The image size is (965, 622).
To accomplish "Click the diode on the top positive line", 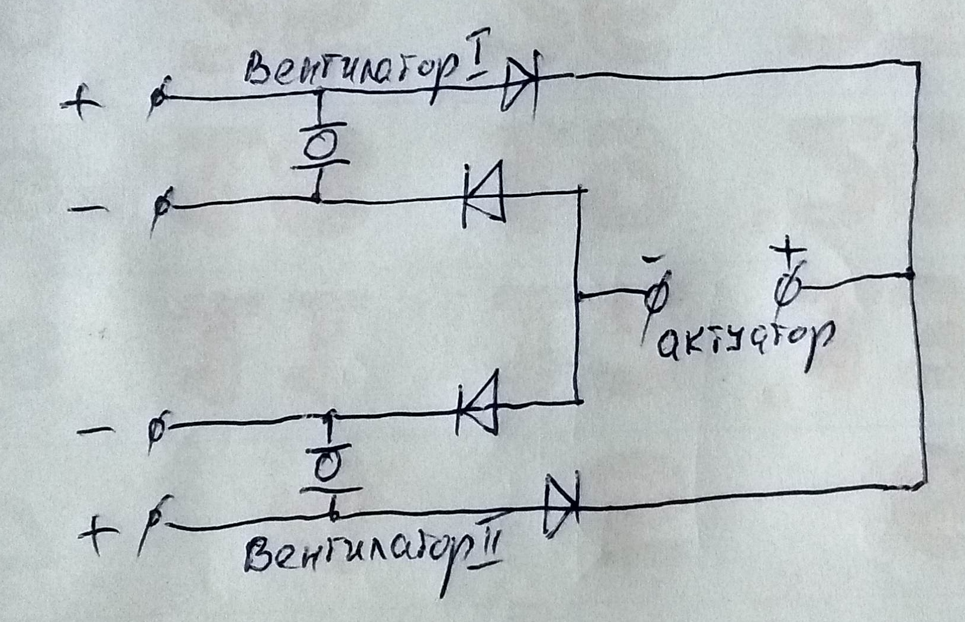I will [x=520, y=83].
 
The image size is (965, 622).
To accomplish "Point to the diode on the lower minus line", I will [x=478, y=404].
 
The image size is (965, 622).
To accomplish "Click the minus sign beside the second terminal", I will [x=88, y=208].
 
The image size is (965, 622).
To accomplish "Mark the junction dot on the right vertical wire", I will [x=911, y=275].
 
